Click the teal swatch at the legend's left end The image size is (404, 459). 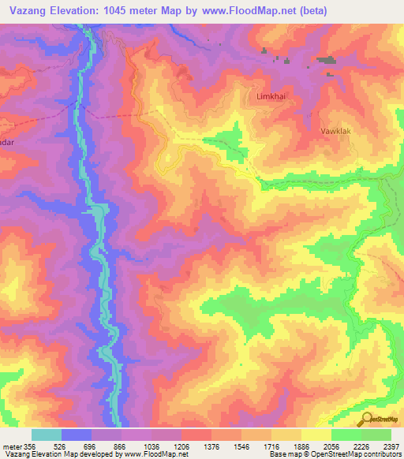pos(47,435)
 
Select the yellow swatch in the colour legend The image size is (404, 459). pos(316,435)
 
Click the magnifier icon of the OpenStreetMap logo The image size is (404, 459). pos(367,418)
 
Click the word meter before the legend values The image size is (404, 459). pos(13,446)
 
